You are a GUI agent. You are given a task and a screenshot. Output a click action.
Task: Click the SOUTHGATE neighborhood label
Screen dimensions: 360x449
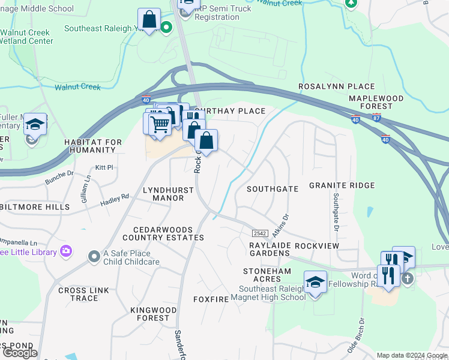[x=273, y=188]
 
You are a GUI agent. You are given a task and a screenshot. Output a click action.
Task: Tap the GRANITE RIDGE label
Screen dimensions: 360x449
[x=342, y=186]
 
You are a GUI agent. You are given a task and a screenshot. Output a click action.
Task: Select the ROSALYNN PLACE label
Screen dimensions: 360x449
[x=337, y=87]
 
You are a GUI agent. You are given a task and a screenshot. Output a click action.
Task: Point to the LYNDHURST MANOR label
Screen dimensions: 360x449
[x=168, y=194]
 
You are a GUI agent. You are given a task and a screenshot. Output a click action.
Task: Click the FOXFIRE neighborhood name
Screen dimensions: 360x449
[x=212, y=298]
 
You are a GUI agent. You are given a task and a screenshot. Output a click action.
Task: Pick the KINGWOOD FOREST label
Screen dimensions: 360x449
[x=154, y=314]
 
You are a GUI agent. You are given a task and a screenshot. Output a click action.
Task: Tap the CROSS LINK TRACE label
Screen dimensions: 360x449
[x=83, y=295]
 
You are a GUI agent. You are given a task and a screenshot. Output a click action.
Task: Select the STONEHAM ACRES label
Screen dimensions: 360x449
[x=267, y=275]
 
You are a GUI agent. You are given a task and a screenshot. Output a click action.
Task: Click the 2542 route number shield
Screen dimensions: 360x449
[x=259, y=233]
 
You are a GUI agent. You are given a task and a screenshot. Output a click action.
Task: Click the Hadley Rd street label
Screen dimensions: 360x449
[x=115, y=199]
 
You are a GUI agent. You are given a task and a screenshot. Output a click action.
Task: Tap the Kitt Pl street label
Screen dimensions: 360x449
[x=104, y=167]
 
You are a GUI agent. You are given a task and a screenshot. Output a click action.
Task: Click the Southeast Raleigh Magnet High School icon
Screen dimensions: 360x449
[x=315, y=281]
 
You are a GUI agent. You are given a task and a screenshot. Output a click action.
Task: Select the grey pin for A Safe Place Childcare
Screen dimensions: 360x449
[x=94, y=257]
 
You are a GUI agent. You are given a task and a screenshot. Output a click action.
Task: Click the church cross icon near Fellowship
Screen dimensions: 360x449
[x=408, y=278]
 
